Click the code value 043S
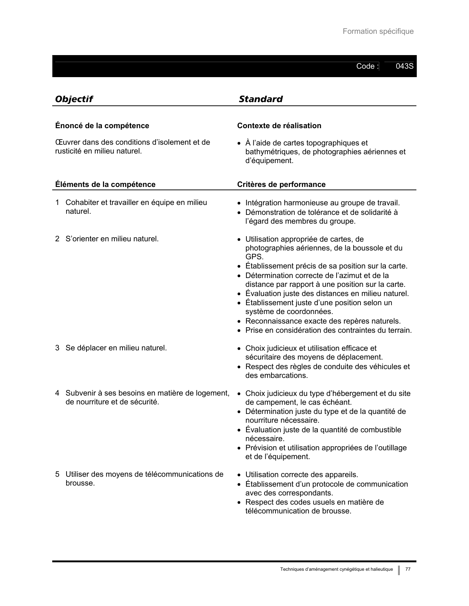[x=404, y=66]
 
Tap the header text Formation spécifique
[x=378, y=32]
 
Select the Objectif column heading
[x=74, y=99]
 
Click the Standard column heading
[x=260, y=99]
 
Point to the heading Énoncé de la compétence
[x=102, y=126]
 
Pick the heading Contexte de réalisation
[x=279, y=126]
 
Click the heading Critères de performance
[x=281, y=184]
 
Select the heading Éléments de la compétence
[x=105, y=184]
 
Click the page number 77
[x=408, y=569]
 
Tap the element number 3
[x=57, y=348]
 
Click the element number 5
[x=57, y=474]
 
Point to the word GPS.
[x=254, y=257]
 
